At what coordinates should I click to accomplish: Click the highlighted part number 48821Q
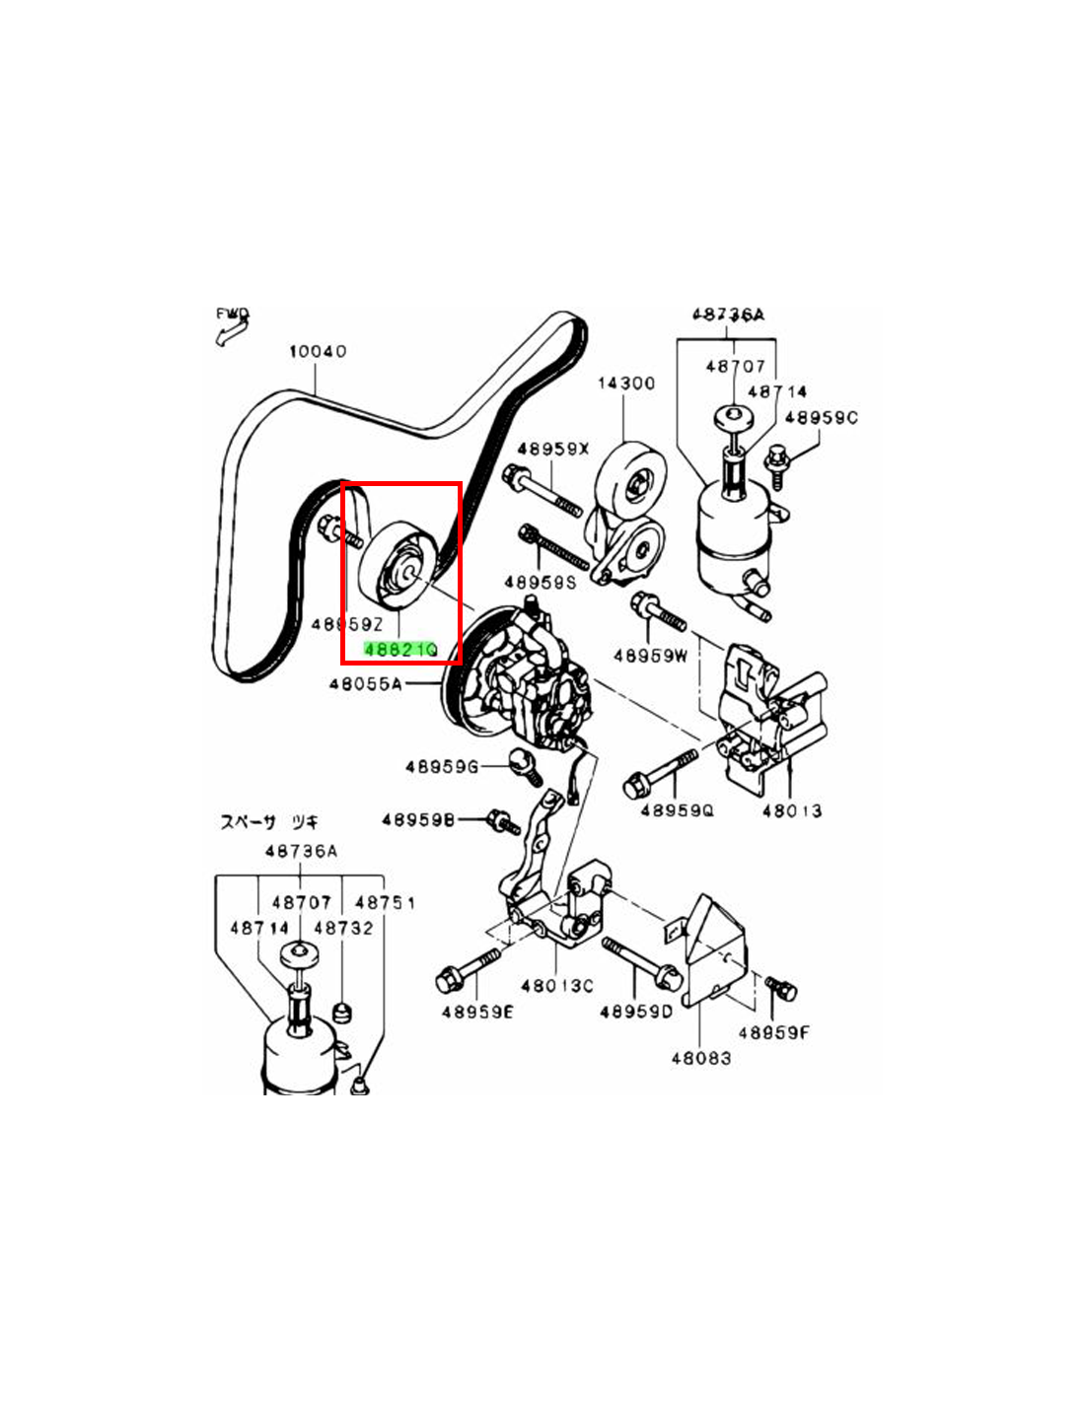tap(400, 650)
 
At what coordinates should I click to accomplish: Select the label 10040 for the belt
tap(317, 351)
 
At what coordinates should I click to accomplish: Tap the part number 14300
tap(625, 383)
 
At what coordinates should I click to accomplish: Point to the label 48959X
tap(552, 449)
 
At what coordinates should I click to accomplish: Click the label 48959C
tap(821, 417)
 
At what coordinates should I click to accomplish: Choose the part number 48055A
tap(365, 683)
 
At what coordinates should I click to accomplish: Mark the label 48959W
tap(650, 655)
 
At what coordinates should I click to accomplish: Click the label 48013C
tap(557, 985)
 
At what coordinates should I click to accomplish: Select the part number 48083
tap(701, 1058)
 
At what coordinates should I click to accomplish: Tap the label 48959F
tap(773, 1032)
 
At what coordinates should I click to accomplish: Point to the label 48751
tap(385, 902)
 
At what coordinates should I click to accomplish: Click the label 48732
tap(343, 928)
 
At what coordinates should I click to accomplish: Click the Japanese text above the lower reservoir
tap(268, 821)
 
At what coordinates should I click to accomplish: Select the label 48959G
tap(441, 766)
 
